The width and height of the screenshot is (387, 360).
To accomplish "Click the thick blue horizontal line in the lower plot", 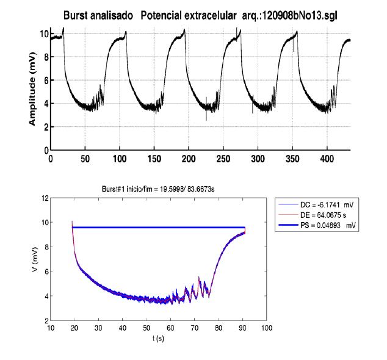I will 159,227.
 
